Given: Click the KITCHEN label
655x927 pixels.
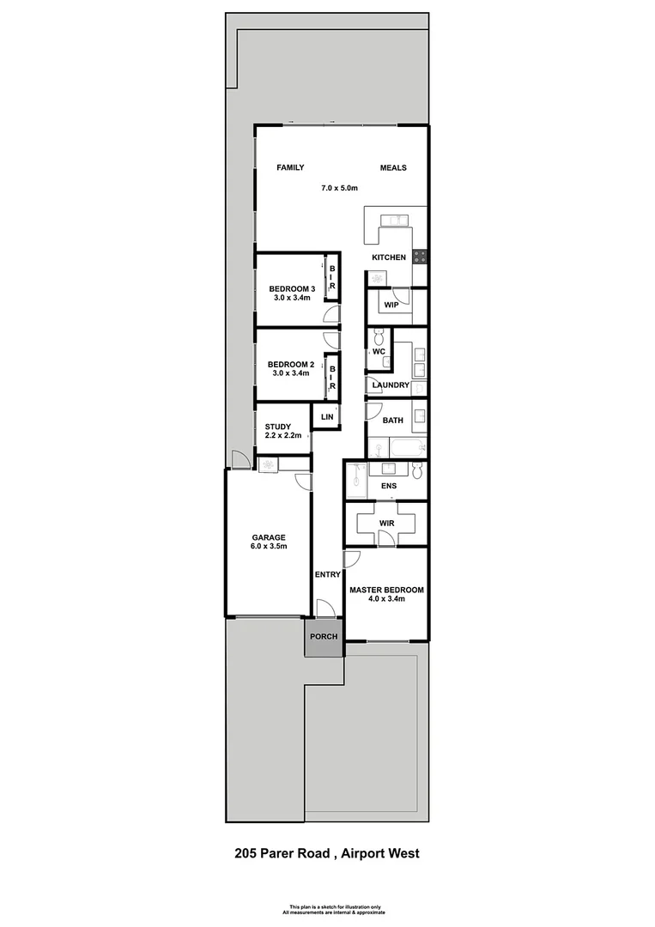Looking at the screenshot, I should [x=388, y=257].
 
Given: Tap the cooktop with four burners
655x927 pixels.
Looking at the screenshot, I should [x=421, y=255].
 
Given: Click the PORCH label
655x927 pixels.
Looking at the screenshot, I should [x=324, y=636].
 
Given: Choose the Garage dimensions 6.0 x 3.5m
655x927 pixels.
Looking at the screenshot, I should [x=268, y=547].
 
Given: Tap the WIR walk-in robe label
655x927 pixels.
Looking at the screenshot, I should [x=385, y=522].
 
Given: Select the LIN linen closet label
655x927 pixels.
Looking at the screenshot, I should [x=326, y=417].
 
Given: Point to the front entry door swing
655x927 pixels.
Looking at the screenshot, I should [x=325, y=609].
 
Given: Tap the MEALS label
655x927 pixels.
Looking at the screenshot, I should [x=393, y=168].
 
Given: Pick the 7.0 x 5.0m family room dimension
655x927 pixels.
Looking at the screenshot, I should [x=339, y=188].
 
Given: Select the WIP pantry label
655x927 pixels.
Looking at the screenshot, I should [x=391, y=305].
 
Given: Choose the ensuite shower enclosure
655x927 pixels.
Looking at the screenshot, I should [x=356, y=480].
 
